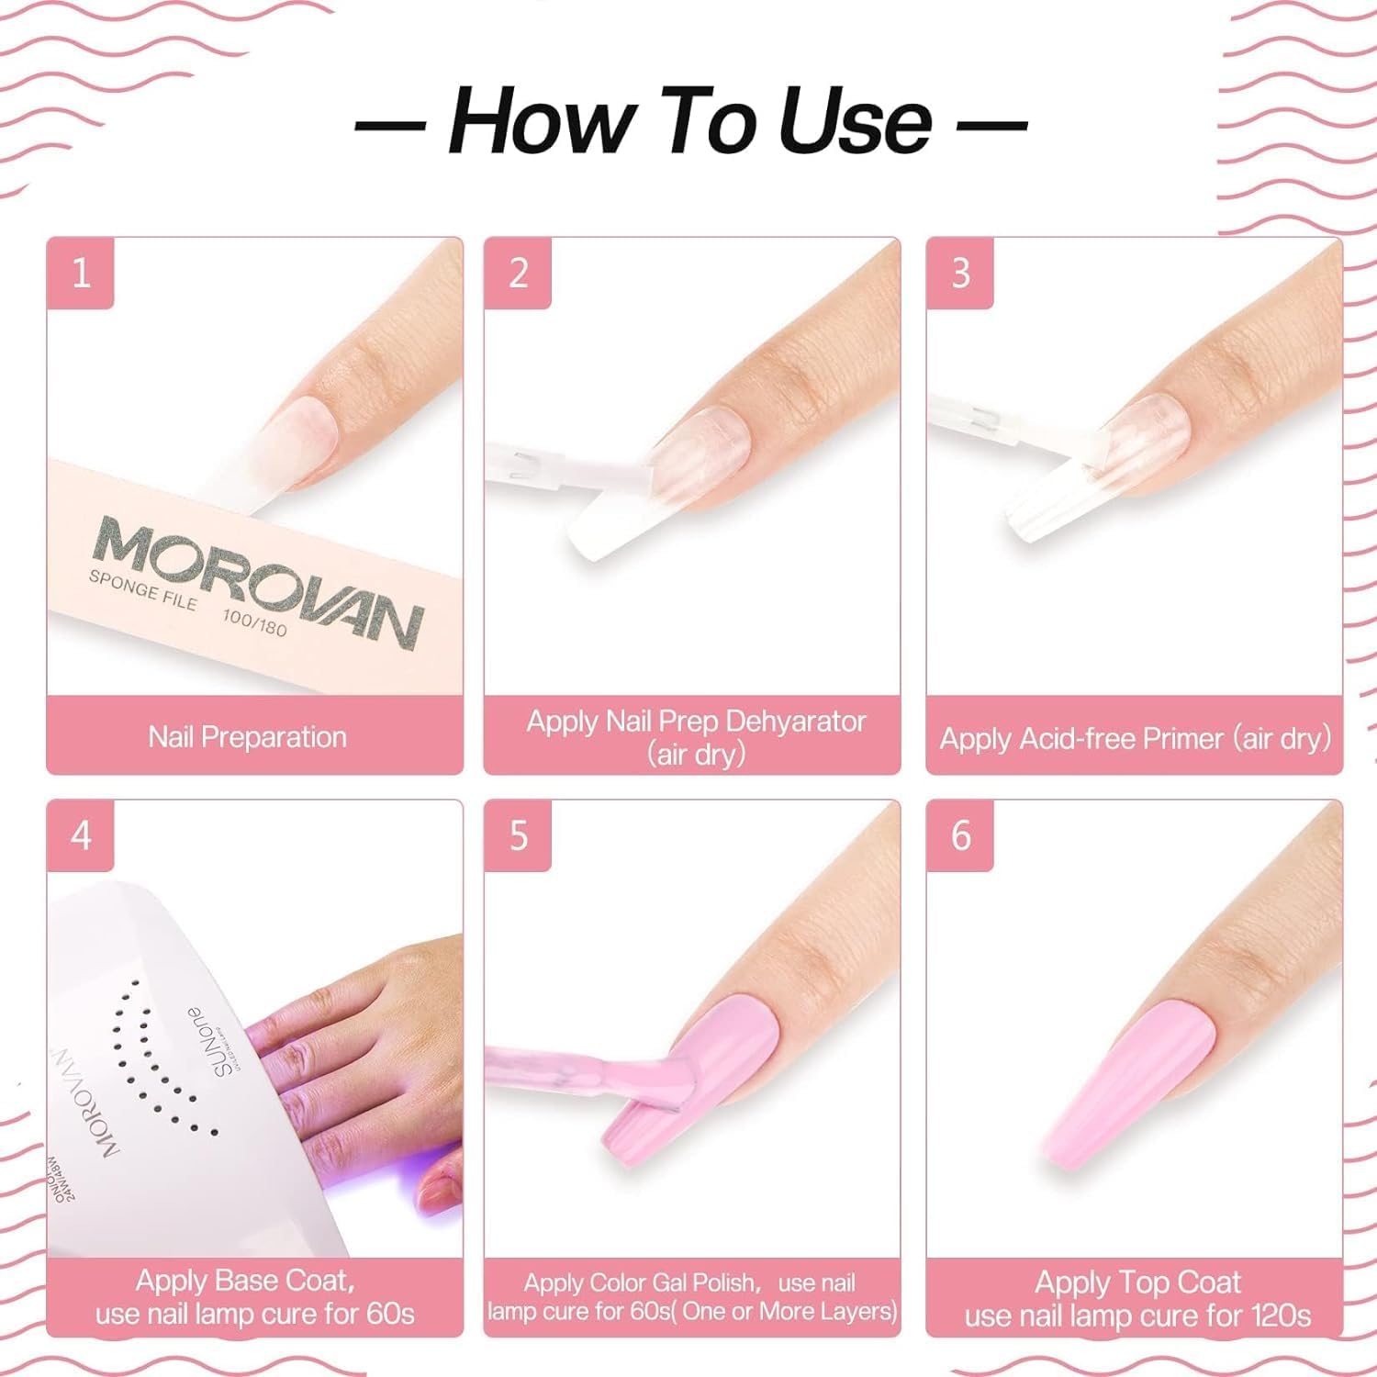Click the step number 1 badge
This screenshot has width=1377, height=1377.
[x=81, y=274]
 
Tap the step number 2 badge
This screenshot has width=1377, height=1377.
[x=518, y=274]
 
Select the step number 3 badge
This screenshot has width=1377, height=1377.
[x=960, y=274]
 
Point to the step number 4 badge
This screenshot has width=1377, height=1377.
[x=81, y=835]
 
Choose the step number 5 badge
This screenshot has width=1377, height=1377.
[x=518, y=835]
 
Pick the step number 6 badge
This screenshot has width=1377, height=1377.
[x=960, y=835]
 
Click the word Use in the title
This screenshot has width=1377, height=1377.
[x=854, y=122]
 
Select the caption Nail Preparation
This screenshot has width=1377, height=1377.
[x=248, y=737]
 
